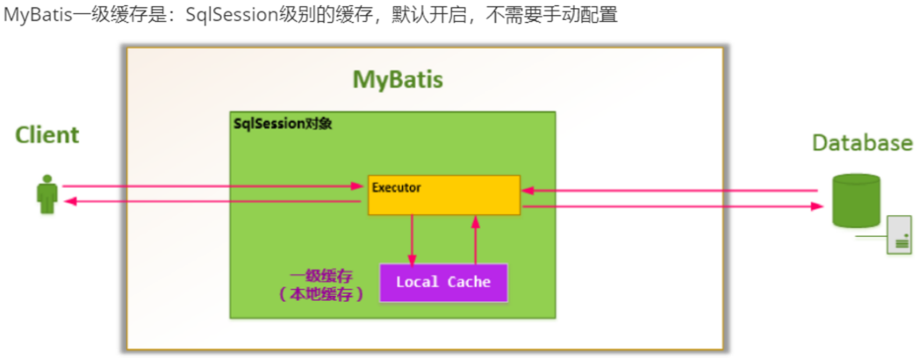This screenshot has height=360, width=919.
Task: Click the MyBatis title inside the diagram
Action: tap(398, 80)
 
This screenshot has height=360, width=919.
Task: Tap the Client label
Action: tap(47, 135)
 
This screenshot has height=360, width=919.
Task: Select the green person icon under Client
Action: tap(47, 194)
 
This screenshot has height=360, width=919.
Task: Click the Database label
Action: tap(862, 143)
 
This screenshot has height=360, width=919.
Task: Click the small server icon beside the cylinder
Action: tap(899, 234)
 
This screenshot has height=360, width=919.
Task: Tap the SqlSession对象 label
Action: tap(282, 124)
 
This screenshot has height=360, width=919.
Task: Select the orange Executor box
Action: tap(443, 201)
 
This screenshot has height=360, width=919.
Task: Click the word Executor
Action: tap(396, 187)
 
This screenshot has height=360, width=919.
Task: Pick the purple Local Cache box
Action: tap(443, 282)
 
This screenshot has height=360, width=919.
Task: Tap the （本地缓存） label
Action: tap(320, 295)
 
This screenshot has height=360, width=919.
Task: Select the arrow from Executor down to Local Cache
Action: tap(412, 239)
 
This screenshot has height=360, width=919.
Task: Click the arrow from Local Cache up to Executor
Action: tap(476, 239)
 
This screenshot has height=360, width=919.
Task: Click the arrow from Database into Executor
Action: tap(667, 190)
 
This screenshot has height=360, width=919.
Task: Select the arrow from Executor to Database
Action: tap(667, 207)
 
